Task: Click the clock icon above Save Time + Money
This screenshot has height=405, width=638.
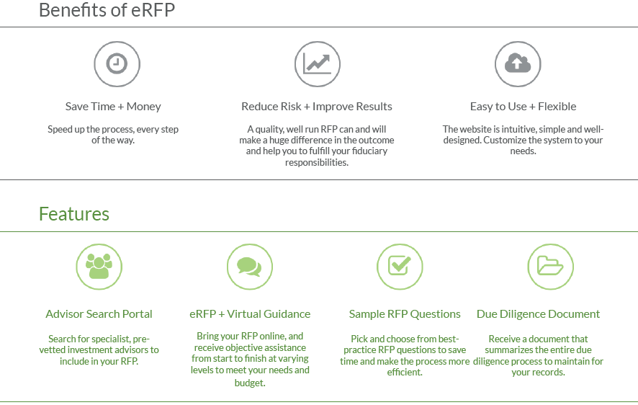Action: pyautogui.click(x=117, y=64)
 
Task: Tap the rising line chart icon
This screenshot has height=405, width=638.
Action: pyautogui.click(x=318, y=64)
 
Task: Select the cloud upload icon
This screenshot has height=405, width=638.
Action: pyautogui.click(x=518, y=64)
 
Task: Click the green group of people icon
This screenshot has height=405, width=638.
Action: pyautogui.click(x=99, y=267)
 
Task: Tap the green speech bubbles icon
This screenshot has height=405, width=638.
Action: pyautogui.click(x=249, y=267)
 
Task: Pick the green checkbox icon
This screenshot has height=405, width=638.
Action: pyautogui.click(x=400, y=267)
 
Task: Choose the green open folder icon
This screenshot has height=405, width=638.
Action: pyautogui.click(x=551, y=267)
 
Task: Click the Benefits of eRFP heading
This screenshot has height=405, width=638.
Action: pyautogui.click(x=107, y=10)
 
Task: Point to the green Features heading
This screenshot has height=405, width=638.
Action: pyautogui.click(x=74, y=214)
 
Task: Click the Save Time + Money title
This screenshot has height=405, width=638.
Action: pyautogui.click(x=113, y=107)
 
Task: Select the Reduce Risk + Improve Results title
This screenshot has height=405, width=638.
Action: pyautogui.click(x=317, y=107)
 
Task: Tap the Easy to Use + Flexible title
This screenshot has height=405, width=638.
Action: pyautogui.click(x=524, y=107)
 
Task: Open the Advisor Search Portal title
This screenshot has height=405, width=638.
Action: pyautogui.click(x=99, y=313)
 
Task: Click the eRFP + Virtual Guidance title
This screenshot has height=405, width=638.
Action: pyautogui.click(x=250, y=313)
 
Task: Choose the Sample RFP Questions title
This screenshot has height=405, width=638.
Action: pyautogui.click(x=405, y=313)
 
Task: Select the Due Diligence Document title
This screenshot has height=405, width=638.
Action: pyautogui.click(x=539, y=313)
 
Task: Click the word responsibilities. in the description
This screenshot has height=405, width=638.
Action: pyautogui.click(x=317, y=162)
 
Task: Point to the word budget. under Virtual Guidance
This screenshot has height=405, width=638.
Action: pyautogui.click(x=250, y=383)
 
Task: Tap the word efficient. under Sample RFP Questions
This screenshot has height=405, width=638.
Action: pyautogui.click(x=405, y=372)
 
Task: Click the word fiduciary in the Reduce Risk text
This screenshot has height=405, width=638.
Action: pyautogui.click(x=369, y=151)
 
